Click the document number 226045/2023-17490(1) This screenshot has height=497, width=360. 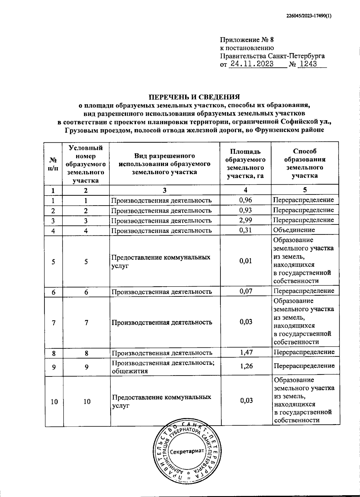tap(309, 17)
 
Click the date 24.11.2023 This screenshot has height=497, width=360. tap(251, 64)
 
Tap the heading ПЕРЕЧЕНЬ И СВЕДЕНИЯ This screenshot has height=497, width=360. tap(195, 97)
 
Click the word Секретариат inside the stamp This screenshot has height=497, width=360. tap(187, 451)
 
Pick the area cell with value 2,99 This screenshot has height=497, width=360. tap(245, 220)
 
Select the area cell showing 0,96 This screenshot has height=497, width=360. tap(245, 200)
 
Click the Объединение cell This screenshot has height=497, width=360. tap(294, 230)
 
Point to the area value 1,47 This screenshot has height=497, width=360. tap(246, 352)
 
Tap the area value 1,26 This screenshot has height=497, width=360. tap(246, 366)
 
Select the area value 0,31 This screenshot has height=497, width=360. tap(245, 230)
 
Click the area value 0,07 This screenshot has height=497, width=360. tap(246, 291)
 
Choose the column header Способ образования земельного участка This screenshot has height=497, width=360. tap(305, 163)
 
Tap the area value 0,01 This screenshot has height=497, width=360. tap(246, 261)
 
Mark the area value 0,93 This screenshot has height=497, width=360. tap(245, 210)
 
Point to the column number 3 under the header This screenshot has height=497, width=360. tap(164, 190)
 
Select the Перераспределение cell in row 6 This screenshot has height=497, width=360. tap(304, 291)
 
